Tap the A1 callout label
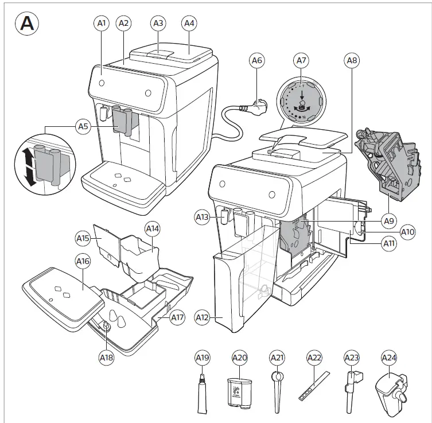point(102,24)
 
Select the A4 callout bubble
point(189,24)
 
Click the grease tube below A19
point(203,395)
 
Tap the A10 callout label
point(407,232)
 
